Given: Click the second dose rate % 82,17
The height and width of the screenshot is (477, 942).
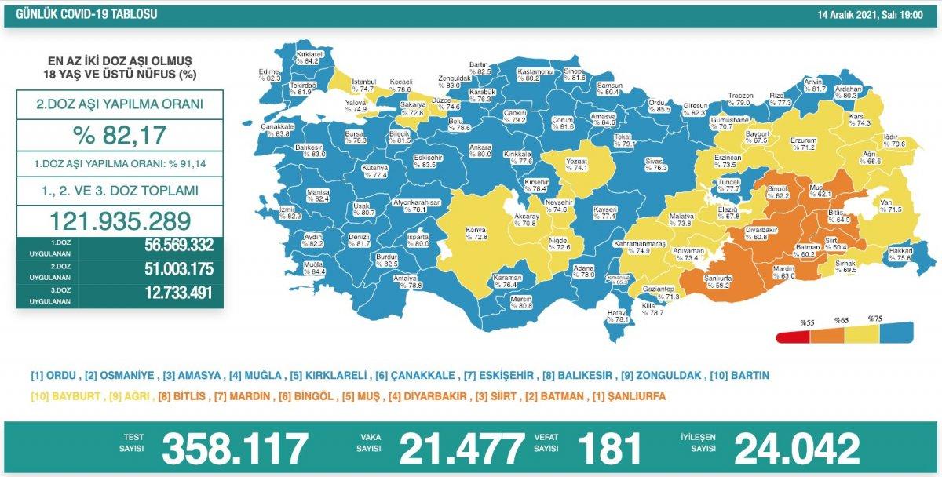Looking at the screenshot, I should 119,135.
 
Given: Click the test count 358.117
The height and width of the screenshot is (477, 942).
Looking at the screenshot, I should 235,449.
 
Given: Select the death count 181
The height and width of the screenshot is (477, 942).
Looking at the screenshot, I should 609,449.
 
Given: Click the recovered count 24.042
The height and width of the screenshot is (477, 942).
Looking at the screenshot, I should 796,449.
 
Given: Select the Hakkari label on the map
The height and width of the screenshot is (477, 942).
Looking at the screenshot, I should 899,252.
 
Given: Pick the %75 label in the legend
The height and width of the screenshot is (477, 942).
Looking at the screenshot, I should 874,319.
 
